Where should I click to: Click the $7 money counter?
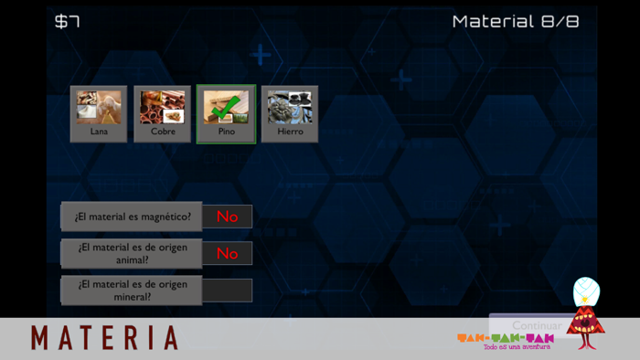tap(67, 21)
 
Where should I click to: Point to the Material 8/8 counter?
tap(516, 21)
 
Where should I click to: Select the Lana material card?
tap(99, 114)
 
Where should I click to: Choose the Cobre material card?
tap(163, 114)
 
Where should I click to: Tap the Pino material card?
tap(226, 114)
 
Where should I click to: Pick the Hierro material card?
tap(290, 114)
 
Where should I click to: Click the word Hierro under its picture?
tap(290, 132)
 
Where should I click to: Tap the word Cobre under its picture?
tap(163, 132)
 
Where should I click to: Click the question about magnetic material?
tap(133, 217)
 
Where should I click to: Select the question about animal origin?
tap(133, 253)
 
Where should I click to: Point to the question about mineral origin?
tap(133, 290)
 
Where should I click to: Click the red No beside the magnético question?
tap(227, 217)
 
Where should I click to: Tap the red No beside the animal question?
tap(227, 253)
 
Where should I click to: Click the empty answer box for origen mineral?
tap(227, 290)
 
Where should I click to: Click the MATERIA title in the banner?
tap(104, 338)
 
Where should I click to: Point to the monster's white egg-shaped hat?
tap(585, 291)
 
